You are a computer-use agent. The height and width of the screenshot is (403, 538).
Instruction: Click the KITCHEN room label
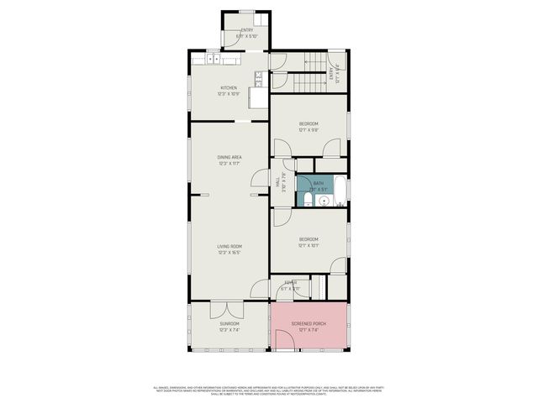tap(229, 87)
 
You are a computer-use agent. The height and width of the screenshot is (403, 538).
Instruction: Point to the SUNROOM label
tap(229, 323)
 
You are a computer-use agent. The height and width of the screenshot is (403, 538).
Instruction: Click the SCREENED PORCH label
tap(309, 323)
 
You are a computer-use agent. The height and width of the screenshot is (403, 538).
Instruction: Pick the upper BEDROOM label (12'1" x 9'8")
tap(309, 124)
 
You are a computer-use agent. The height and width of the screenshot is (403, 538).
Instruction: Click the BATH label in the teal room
tap(317, 183)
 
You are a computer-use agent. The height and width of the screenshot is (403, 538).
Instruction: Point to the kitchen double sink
tap(213, 60)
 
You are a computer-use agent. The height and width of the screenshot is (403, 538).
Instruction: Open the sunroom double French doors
tap(229, 309)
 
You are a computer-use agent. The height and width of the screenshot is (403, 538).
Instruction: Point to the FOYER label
tap(290, 283)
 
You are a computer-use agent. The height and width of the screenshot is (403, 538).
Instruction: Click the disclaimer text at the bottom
tap(269, 390)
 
